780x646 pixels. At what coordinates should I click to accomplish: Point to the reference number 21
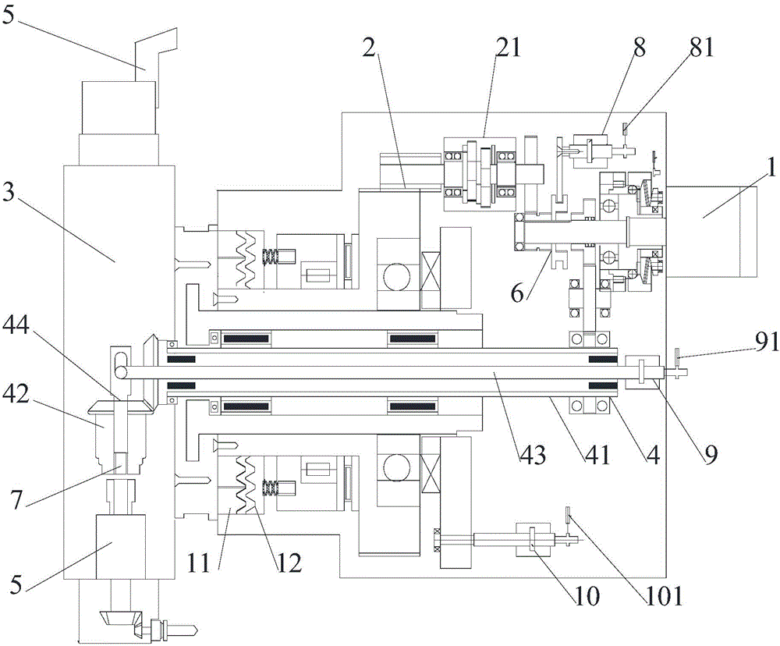[507, 48]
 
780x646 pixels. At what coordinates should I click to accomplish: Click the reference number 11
[200, 565]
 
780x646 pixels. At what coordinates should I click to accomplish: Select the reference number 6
[518, 293]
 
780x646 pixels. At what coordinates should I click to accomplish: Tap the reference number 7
[17, 500]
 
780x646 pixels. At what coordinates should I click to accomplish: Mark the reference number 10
[587, 595]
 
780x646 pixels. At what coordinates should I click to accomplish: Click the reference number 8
[640, 48]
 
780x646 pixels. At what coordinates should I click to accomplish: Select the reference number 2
[369, 48]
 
